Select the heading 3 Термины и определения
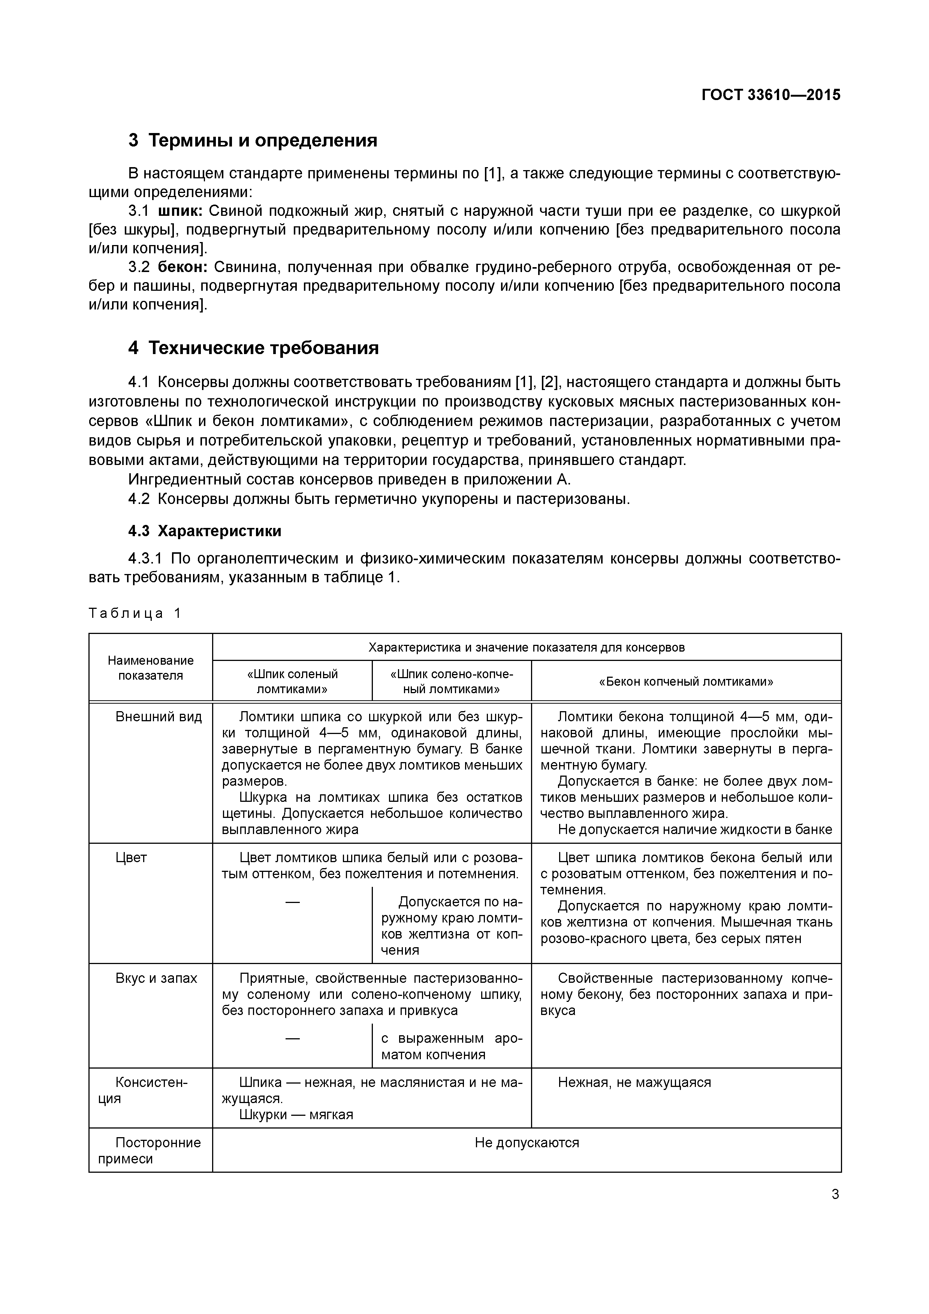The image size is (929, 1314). (x=253, y=140)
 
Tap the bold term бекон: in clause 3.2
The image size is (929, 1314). (x=182, y=267)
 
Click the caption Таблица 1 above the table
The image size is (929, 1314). (x=135, y=613)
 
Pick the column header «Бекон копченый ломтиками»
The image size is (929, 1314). (x=686, y=681)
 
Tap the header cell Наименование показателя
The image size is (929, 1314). (x=151, y=668)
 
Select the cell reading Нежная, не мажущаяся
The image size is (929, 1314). (x=634, y=1082)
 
